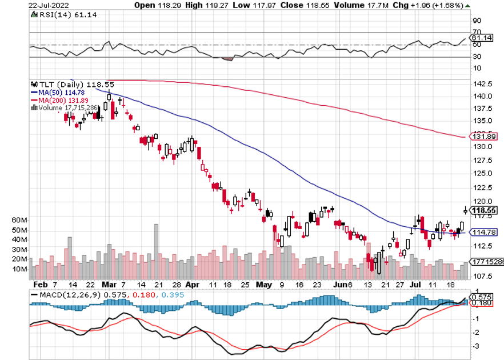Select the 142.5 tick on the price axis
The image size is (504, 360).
point(482,83)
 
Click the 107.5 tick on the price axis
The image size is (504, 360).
point(482,275)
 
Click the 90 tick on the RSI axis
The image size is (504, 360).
point(476,21)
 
